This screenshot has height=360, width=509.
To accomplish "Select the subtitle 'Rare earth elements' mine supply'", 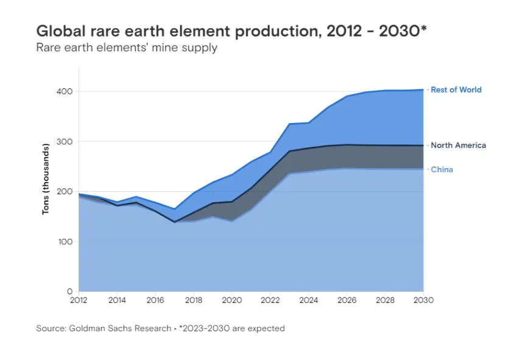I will tap(127, 48).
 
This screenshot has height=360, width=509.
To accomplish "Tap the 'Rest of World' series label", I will tap(456, 90).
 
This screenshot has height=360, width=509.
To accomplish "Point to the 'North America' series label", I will tap(458, 145).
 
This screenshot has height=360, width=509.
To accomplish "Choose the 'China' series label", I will tap(441, 169).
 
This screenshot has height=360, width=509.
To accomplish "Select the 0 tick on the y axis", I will tap(70, 291).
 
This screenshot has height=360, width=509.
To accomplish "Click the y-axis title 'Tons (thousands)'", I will tap(46, 179).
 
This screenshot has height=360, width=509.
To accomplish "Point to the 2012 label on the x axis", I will tap(79, 300).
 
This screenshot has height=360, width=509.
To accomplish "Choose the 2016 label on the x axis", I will tap(155, 300).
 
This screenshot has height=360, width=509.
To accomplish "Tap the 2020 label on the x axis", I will tap(232, 300).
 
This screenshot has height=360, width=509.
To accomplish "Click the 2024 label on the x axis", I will tap(308, 300).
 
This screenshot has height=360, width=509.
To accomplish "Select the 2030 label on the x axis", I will tap(423, 300).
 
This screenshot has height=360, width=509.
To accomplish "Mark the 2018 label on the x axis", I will tap(194, 300).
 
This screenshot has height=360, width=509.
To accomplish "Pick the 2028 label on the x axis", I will tap(385, 300).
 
